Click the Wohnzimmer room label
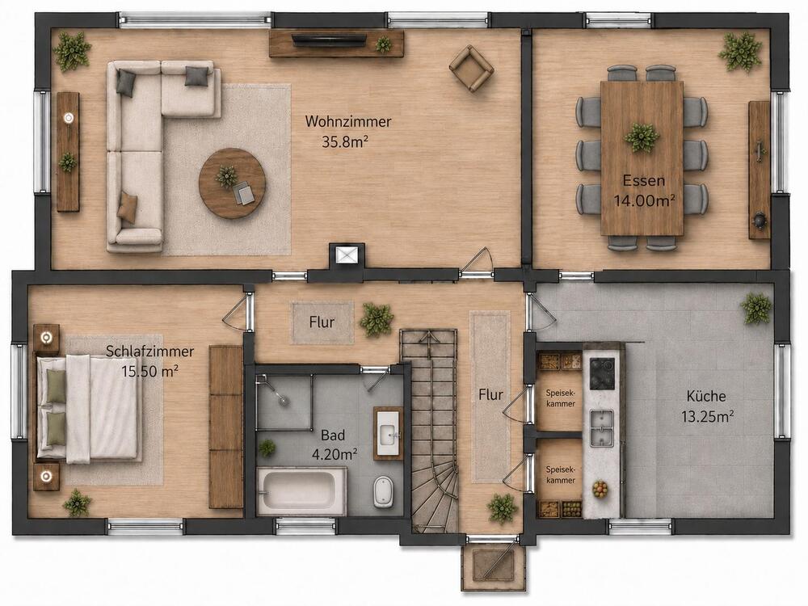348,122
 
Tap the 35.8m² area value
345,141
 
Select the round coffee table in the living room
233,183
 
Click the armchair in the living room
471,69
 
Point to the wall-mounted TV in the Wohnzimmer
330,40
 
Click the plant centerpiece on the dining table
642,137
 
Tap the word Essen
644,180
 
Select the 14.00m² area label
644,200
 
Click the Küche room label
706,396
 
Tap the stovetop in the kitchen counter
602,373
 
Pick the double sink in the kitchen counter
601,427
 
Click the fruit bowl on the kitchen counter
600,489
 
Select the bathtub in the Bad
301,491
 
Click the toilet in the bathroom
381,490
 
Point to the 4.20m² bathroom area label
335,454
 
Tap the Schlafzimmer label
150,351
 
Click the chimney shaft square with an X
347,255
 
